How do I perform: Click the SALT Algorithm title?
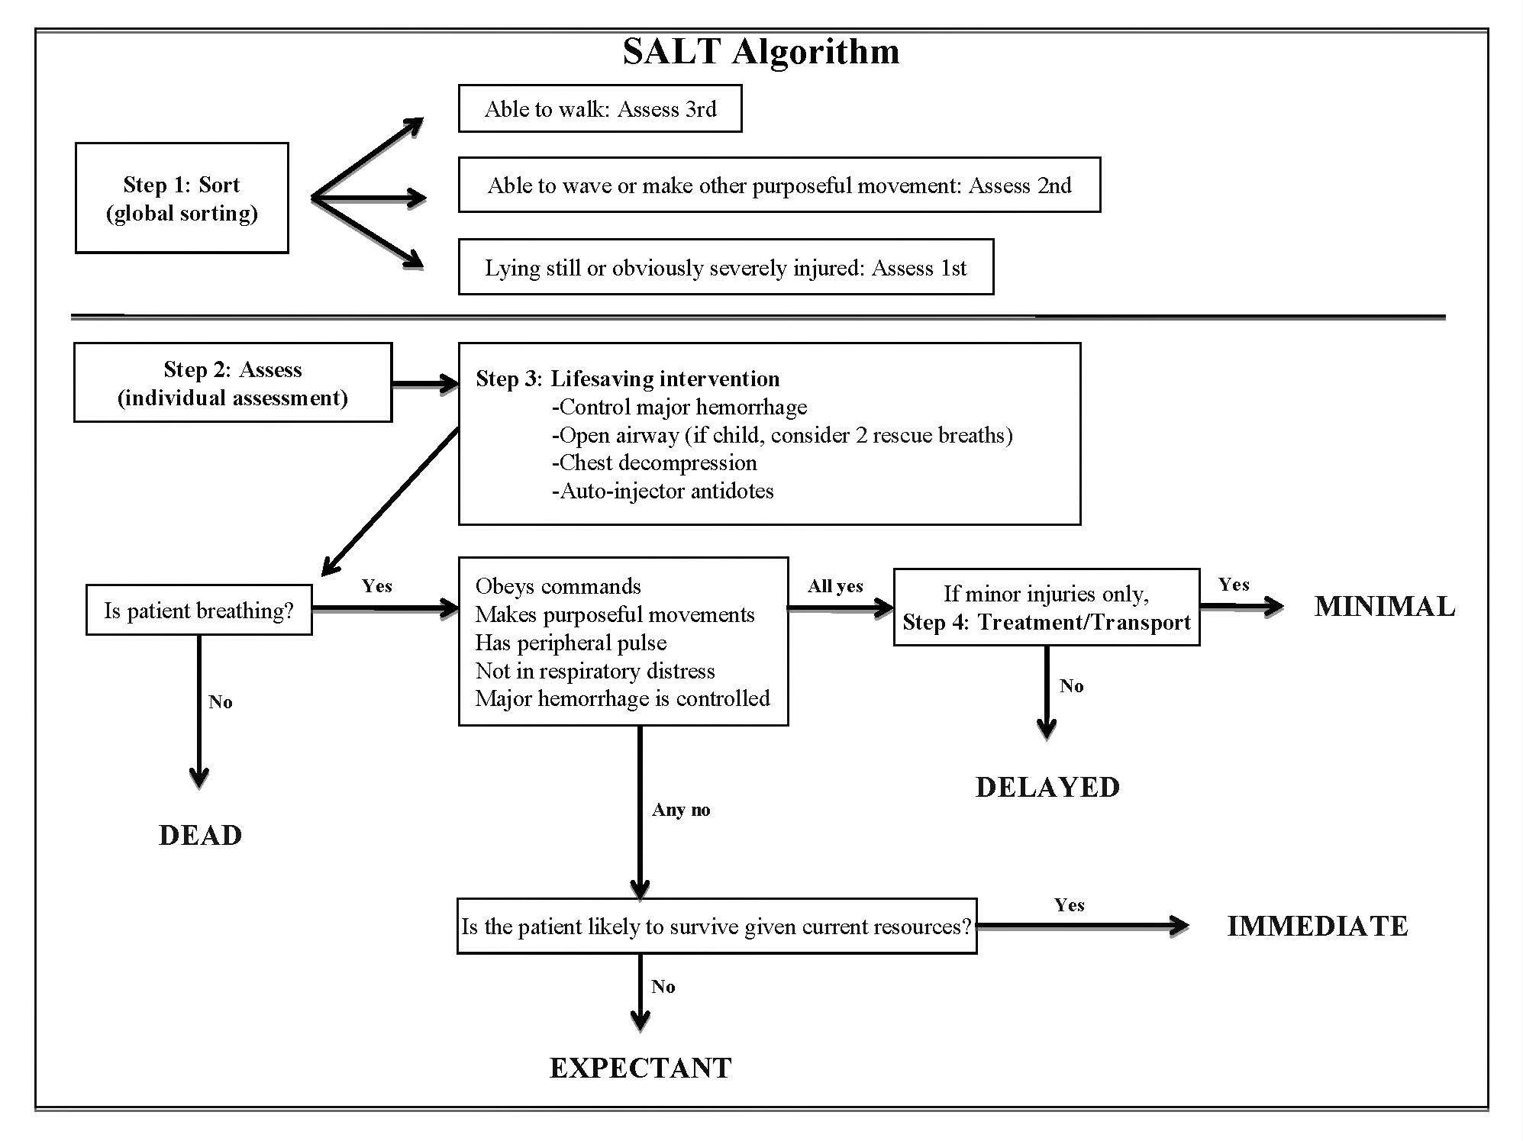(761, 52)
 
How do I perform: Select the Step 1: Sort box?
(182, 198)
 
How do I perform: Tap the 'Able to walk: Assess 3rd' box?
(600, 108)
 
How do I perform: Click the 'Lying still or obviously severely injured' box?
(726, 267)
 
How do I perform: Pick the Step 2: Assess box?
(233, 382)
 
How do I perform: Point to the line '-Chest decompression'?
(654, 463)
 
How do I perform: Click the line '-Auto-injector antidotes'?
(663, 491)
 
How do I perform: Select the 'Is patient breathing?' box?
(199, 610)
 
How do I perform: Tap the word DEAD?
(200, 835)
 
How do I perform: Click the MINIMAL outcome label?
(1385, 606)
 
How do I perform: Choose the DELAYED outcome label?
(1047, 787)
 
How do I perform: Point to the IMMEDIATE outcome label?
(1318, 926)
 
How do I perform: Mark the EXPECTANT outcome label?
(640, 1068)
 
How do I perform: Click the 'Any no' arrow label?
(681, 810)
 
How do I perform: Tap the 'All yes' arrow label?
(835, 586)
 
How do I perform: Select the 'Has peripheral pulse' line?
(571, 643)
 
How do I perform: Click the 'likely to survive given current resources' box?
(717, 926)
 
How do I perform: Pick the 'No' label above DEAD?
(220, 702)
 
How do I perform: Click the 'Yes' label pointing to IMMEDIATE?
(1070, 905)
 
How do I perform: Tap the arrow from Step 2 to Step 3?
(425, 383)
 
